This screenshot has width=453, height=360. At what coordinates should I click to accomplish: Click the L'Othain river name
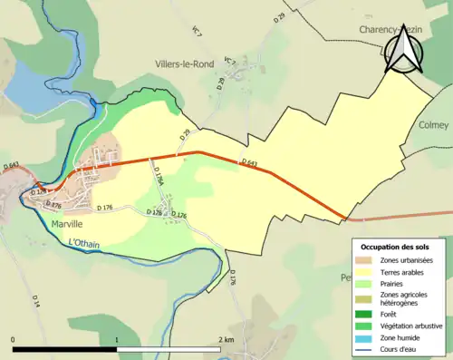tap(85, 242)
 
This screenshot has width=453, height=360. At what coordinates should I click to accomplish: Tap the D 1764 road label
tap(158, 175)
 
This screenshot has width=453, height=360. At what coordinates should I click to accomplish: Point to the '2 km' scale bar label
tap(226, 339)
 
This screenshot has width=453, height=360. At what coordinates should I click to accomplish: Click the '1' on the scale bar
tap(117, 339)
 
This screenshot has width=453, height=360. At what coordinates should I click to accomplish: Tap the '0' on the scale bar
tap(14, 339)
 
